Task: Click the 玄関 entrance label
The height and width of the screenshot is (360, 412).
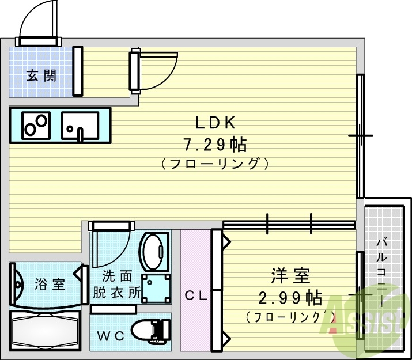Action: pyautogui.click(x=41, y=75)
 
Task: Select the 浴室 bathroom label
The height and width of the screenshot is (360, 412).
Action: pyautogui.click(x=50, y=284)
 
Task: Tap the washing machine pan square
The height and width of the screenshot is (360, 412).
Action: pyautogui.click(x=157, y=286)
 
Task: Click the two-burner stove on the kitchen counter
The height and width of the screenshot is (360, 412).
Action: pyautogui.click(x=36, y=124)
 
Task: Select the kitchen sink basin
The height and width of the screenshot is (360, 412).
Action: pyautogui.click(x=80, y=125)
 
